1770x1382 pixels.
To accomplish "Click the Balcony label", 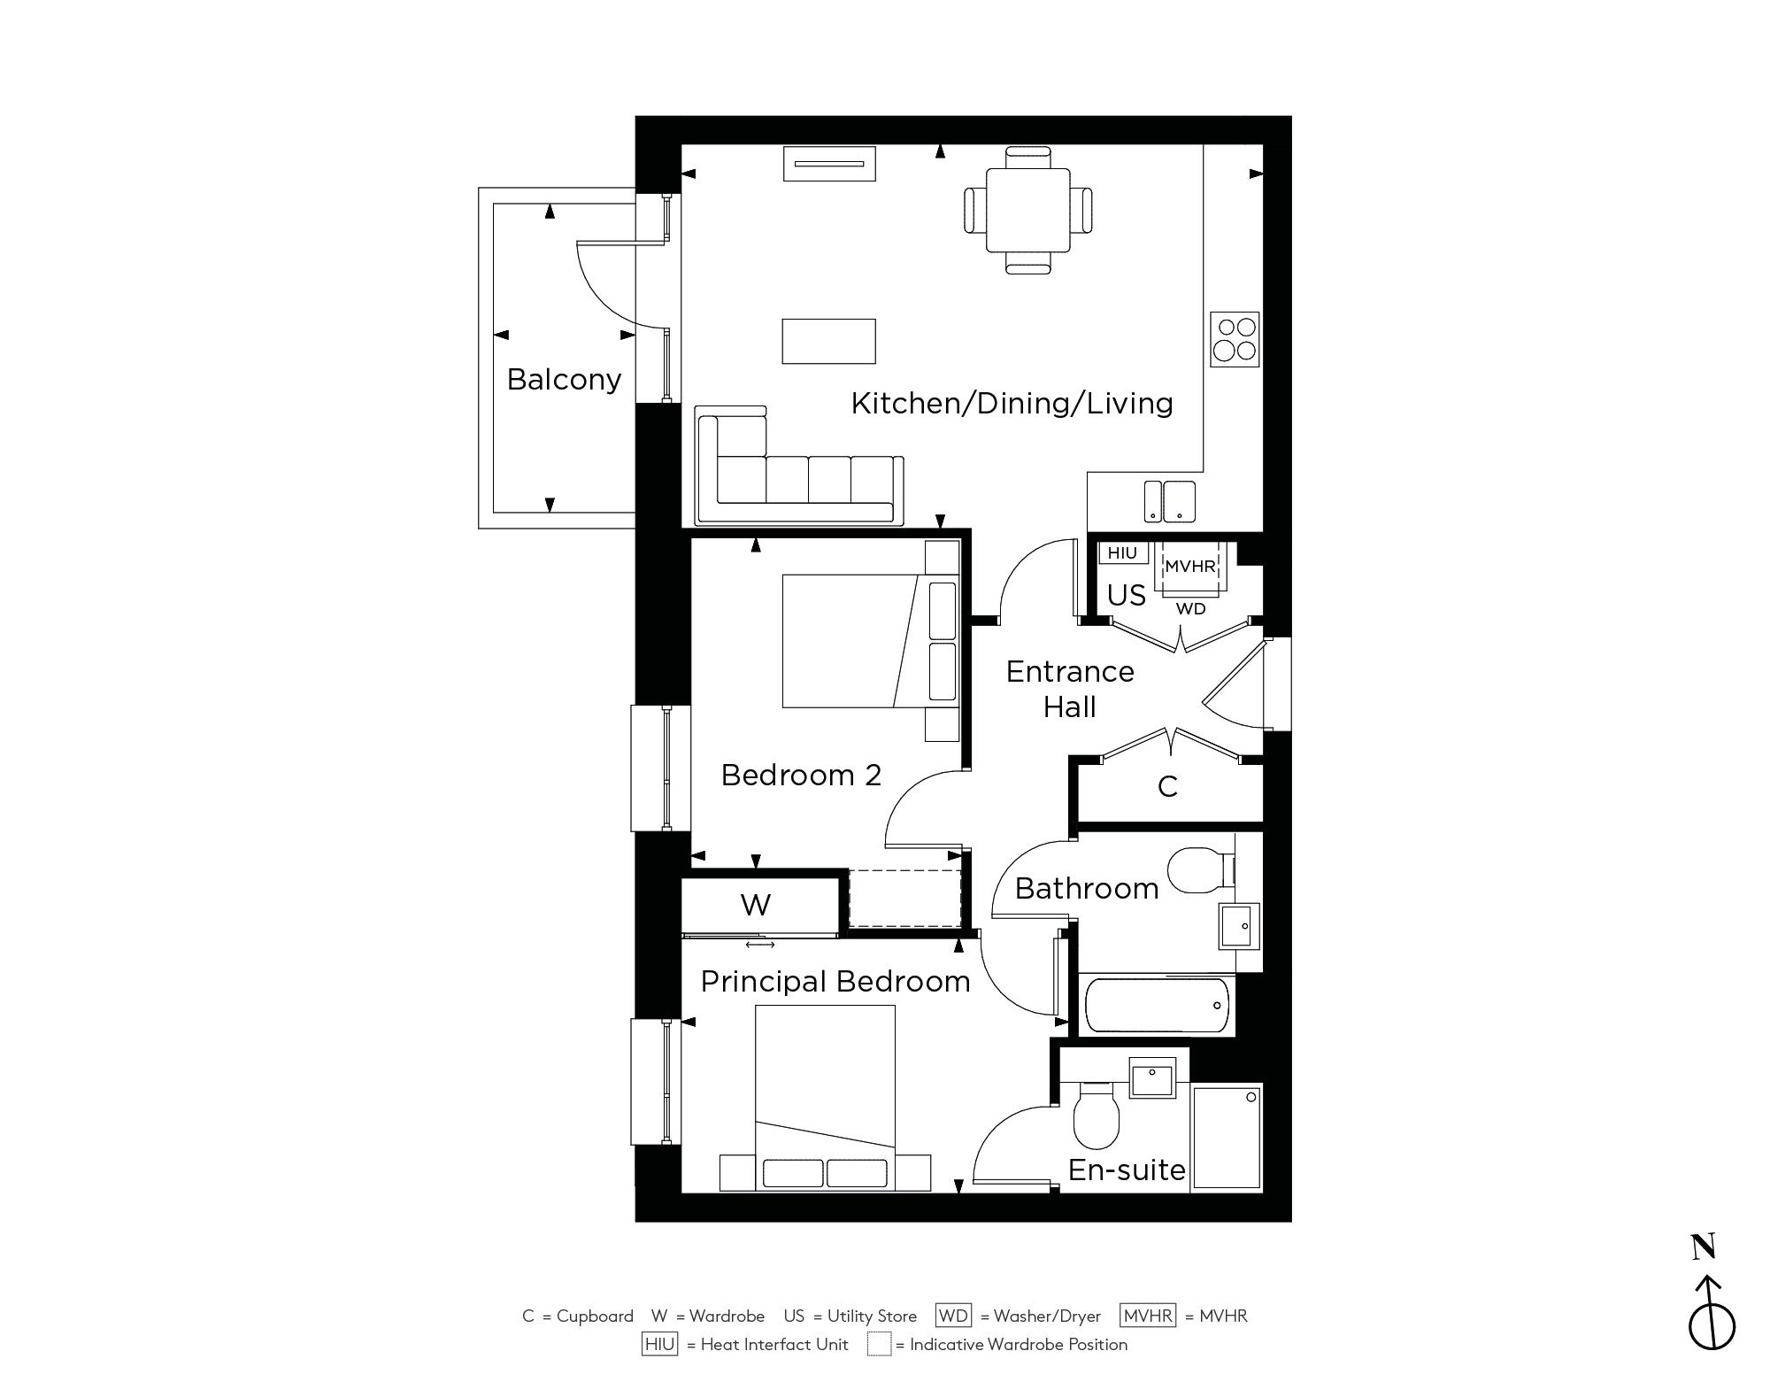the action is tap(564, 380).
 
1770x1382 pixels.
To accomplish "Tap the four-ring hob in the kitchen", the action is tap(1235, 339).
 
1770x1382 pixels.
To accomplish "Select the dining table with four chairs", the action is tap(1027, 211).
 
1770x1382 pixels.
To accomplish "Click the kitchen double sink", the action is tap(1169, 501).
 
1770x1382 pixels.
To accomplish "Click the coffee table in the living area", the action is tap(828, 341).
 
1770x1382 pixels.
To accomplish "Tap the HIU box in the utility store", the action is tap(1122, 553).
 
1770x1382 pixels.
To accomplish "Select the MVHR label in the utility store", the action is tap(1190, 567).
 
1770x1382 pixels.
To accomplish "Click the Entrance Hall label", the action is tap(1070, 689).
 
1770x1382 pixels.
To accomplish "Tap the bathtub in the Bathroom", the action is tap(1157, 1005).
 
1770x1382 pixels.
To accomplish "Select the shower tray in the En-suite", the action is tap(1227, 1136).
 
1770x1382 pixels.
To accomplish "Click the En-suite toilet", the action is tap(1097, 1115).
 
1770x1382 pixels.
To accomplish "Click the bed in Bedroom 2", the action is tap(871, 641).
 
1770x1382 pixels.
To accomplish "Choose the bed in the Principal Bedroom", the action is tap(825, 1098).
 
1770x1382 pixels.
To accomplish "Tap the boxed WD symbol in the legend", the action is tap(953, 1316).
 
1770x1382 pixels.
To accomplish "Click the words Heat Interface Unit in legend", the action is tap(774, 1345).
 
